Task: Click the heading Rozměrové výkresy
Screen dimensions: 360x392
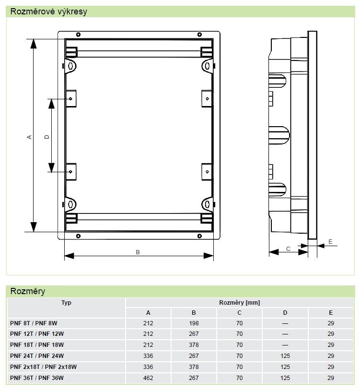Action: coord(49,12)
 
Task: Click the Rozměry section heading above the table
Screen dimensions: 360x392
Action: coord(28,291)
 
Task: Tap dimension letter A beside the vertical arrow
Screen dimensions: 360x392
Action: coord(29,137)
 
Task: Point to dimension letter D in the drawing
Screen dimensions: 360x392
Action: coord(46,137)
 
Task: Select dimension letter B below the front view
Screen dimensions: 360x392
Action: coord(138,252)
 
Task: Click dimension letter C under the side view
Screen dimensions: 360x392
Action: coord(288,249)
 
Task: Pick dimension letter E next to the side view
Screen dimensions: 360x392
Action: coord(330,242)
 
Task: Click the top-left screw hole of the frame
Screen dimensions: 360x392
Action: coord(78,34)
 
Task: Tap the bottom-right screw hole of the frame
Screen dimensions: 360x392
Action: coord(199,236)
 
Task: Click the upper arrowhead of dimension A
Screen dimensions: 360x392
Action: coord(34,44)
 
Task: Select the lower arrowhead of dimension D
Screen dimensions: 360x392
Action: coord(51,167)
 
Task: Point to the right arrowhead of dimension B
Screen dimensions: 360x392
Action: coord(209,256)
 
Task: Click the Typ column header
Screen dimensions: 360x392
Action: coord(66,303)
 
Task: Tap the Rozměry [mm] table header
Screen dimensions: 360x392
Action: coord(240,303)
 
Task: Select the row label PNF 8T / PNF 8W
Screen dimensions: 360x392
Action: coord(34,323)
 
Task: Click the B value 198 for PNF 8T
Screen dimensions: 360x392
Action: coord(194,323)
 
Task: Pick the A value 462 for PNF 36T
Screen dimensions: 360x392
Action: coord(148,378)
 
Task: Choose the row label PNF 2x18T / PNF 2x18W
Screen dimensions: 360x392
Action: coord(44,367)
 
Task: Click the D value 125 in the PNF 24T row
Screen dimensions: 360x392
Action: coord(285,356)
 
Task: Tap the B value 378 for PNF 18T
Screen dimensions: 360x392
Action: coord(194,345)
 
